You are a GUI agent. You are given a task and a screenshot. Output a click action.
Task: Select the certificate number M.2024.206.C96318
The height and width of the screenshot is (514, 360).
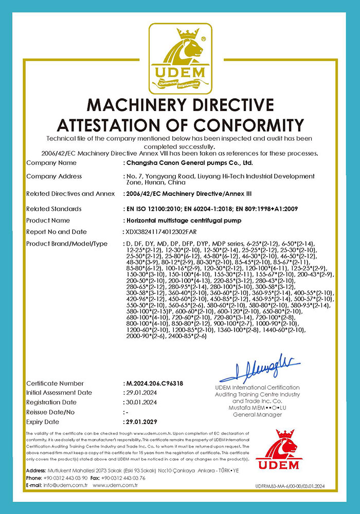(155, 383)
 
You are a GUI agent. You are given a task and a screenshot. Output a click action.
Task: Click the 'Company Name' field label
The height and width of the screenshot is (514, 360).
(51, 163)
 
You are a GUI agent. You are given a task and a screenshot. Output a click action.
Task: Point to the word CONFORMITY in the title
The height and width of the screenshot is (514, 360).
(247, 125)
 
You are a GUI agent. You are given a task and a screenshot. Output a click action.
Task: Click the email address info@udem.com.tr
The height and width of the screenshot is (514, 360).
(66, 485)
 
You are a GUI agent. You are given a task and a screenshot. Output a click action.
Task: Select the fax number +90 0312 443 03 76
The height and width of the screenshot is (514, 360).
(123, 478)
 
